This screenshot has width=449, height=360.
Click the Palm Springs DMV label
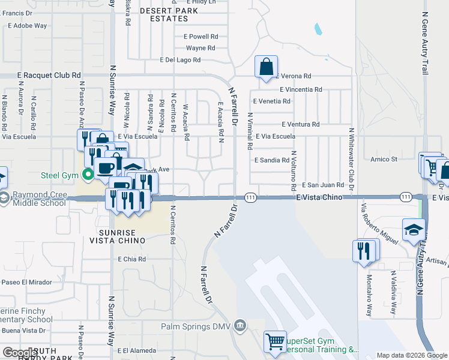(197, 327)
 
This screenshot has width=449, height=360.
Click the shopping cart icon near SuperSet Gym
(275, 341)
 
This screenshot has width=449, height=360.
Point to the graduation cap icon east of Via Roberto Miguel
(413, 230)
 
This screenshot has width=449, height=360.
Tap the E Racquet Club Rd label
(49, 76)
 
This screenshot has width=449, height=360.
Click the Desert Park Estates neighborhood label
(164, 14)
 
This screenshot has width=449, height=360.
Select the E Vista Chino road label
(320, 197)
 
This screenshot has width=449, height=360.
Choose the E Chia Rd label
(132, 259)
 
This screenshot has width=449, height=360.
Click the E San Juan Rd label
(323, 185)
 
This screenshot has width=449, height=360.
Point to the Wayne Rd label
(200, 48)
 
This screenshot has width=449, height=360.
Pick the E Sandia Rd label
(272, 161)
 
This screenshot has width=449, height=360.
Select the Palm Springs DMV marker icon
(240, 325)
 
